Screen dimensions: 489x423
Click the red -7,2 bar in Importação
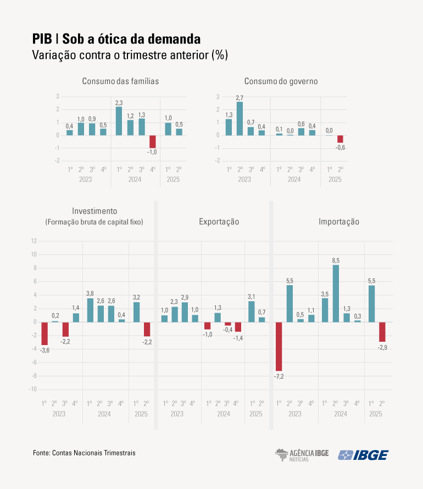279,346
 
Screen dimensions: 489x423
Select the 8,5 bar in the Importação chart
336,293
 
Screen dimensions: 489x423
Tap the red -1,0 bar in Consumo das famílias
153,141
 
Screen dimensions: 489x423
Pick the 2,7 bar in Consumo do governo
240,118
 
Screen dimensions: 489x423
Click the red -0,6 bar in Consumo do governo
340,139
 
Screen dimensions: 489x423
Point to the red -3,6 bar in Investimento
44,334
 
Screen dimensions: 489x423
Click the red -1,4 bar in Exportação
238,327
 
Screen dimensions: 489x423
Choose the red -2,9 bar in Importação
382,332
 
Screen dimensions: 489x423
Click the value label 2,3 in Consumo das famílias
119,103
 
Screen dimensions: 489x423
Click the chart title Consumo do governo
281,81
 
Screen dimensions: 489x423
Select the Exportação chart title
219,222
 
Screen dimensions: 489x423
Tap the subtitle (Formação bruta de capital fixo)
94,222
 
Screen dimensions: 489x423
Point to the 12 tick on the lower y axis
34,241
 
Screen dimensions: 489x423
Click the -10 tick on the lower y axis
32,389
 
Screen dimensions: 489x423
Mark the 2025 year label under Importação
376,414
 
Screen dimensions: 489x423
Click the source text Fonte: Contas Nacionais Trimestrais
84,453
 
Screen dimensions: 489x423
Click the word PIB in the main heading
42,40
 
